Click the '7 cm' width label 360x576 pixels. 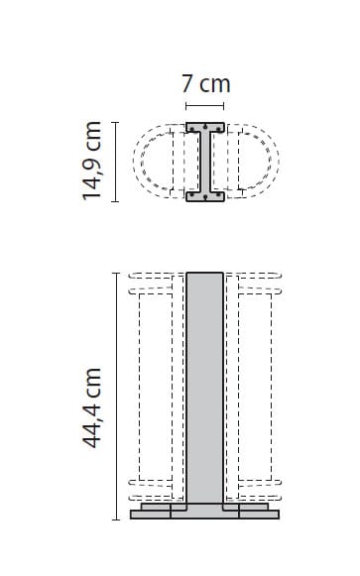pos(205,85)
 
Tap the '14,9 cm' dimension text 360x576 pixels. pos(93,161)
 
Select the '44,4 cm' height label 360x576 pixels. pos(93,407)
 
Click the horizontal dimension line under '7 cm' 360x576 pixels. pos(205,106)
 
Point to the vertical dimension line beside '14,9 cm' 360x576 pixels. pos(116,162)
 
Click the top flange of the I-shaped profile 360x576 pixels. pos(205,127)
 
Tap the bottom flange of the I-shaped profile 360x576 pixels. pos(205,195)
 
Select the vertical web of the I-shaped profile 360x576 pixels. pos(205,162)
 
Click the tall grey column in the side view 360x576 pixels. pos(205,387)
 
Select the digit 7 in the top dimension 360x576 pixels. pos(187,85)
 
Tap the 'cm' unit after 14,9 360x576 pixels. pos(93,134)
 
